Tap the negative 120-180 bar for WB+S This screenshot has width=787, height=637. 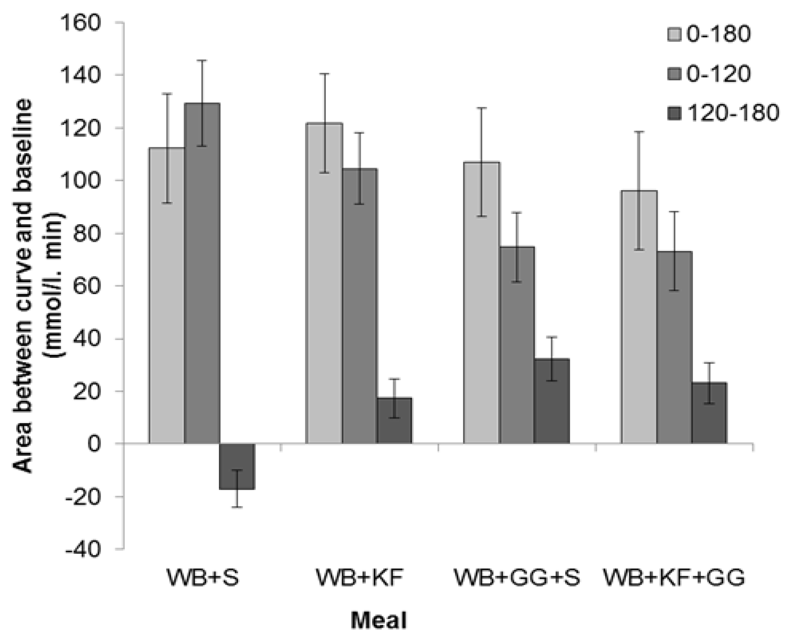(x=237, y=466)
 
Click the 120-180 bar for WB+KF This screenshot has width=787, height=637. (x=394, y=421)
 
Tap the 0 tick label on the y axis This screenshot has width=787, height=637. (x=94, y=444)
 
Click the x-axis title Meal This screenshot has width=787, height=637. (x=378, y=621)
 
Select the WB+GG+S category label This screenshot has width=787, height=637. (x=516, y=579)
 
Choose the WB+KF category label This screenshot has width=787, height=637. (x=360, y=579)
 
